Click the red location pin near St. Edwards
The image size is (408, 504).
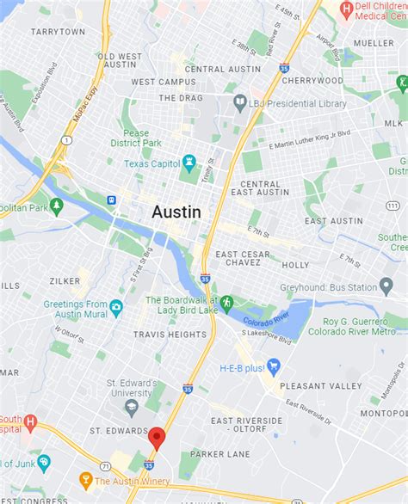156,436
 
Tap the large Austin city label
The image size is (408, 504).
177,212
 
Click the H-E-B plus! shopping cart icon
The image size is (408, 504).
275,367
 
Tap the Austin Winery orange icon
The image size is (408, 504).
85,481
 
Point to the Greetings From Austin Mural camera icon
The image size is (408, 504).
116,305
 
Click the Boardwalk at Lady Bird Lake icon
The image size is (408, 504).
226,303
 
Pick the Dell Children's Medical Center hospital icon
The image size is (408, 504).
346,11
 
